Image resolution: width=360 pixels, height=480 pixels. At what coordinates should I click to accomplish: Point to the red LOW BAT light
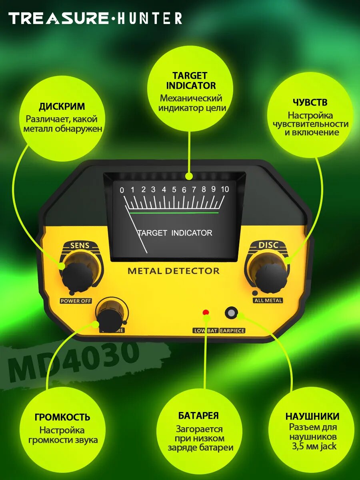coord(206,312)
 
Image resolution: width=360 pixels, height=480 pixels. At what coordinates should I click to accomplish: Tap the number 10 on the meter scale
coord(225,190)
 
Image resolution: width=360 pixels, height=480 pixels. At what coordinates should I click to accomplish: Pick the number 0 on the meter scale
coord(122,190)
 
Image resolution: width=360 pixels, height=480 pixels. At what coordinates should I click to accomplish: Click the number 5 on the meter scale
coord(174,190)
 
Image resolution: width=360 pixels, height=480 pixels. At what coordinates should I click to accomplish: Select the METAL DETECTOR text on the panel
coord(174,271)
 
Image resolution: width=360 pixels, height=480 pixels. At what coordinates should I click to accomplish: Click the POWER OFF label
coord(76,301)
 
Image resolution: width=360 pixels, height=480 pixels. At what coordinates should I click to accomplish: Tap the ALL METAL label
coord(268,300)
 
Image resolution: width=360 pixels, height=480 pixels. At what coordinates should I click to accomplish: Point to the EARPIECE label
coord(232,331)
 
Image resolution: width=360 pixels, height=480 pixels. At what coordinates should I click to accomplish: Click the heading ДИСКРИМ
coord(62,107)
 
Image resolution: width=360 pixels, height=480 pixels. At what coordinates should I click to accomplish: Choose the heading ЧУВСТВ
coord(310,103)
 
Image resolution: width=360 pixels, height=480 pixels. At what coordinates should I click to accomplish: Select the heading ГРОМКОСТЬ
coord(62,417)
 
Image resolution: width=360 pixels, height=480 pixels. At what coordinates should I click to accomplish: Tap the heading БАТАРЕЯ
coord(198,416)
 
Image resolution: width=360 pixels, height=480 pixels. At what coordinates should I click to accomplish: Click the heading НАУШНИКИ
coord(312,416)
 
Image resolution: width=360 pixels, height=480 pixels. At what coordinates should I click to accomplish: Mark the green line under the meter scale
coord(174,213)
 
